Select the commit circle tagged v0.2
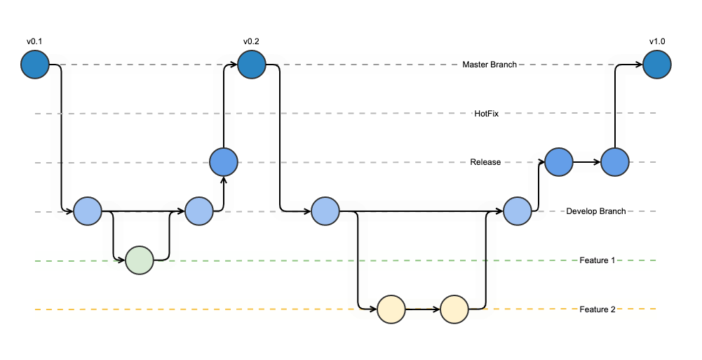click(251, 65)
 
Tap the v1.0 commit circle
click(657, 65)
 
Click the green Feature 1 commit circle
click(139, 260)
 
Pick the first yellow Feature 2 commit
click(391, 309)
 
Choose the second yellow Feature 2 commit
click(454, 309)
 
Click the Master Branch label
click(490, 65)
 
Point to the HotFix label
click(487, 113)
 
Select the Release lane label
click(485, 162)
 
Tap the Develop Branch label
click(596, 211)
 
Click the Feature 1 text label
click(598, 260)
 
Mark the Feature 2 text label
click(598, 309)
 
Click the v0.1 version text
click(34, 42)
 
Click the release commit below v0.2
click(224, 162)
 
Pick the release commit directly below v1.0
click(615, 161)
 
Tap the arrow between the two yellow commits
click(422, 309)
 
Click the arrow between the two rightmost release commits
click(586, 162)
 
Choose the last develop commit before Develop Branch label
click(517, 211)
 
